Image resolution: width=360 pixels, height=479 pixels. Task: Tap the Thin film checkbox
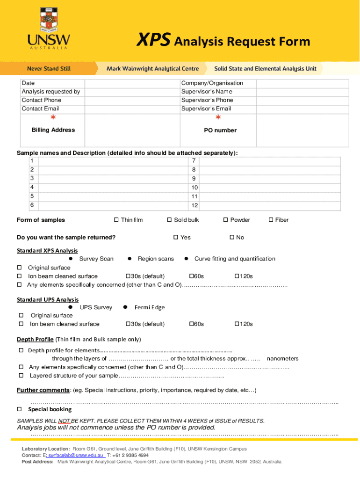coord(116,220)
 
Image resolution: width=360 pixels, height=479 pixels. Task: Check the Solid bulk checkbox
coord(170,220)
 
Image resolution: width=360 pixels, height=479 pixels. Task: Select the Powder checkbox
coord(225,220)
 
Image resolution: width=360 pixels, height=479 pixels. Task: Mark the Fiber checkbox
coord(271,220)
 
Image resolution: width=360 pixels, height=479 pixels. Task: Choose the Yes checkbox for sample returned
coord(176,237)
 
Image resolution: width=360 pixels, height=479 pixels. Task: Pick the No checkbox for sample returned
coord(231,237)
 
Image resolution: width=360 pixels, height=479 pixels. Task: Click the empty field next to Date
coord(131,83)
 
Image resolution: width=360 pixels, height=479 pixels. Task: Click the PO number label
coord(220,131)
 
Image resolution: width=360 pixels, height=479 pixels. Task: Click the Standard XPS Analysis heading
coord(47,251)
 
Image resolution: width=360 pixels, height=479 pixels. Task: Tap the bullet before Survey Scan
coord(70,259)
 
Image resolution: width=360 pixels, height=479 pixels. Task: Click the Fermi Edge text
coord(150,307)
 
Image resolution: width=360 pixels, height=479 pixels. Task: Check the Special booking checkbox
coord(20,409)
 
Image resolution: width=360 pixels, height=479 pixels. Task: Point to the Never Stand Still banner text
coord(49,68)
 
